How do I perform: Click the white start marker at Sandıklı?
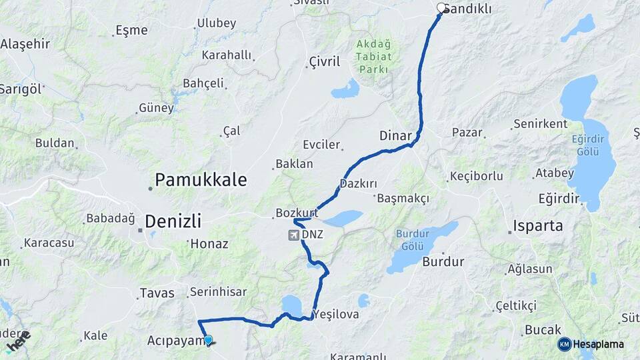[x=441, y=8]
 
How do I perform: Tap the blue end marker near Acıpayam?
[x=208, y=340]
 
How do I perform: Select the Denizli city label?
[x=173, y=221]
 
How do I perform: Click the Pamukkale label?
[x=201, y=179]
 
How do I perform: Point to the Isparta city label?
[x=538, y=225]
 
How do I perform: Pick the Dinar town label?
[x=395, y=135]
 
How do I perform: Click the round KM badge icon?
[x=565, y=344]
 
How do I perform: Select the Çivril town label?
[x=325, y=62]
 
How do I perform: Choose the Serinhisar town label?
[x=218, y=292]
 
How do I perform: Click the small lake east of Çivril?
[x=345, y=89]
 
